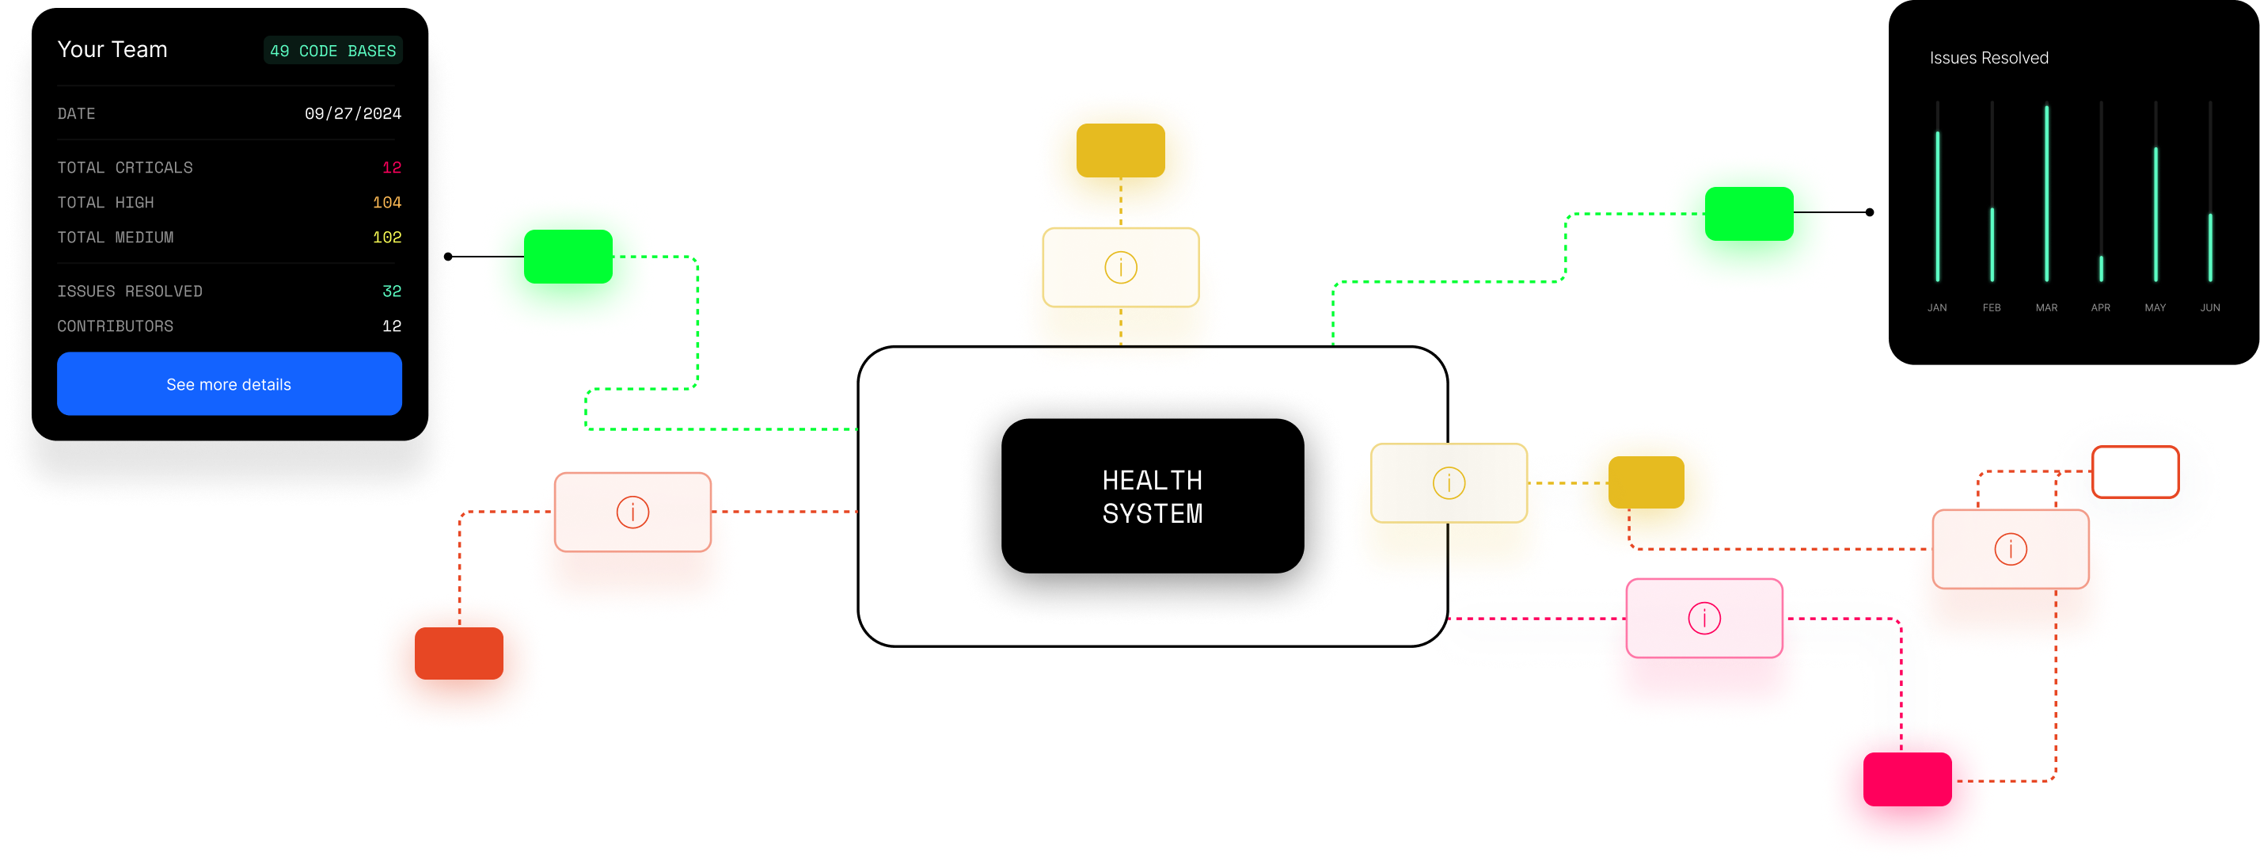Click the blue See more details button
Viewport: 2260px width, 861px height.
[x=229, y=383]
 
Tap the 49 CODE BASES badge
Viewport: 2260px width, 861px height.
[x=332, y=51]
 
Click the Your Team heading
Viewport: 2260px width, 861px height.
[x=112, y=50]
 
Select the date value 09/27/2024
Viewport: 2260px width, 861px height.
[x=353, y=113]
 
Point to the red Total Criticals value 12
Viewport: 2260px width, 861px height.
[x=391, y=168]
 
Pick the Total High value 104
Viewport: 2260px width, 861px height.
[x=387, y=203]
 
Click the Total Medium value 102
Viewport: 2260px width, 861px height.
[x=387, y=238]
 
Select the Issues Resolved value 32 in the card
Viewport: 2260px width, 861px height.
[x=391, y=291]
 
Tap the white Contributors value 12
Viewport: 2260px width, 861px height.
[x=391, y=326]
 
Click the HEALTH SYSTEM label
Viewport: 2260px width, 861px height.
[x=1152, y=497]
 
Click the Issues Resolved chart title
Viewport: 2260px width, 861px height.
[x=1988, y=58]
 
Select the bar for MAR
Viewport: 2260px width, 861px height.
[x=2046, y=193]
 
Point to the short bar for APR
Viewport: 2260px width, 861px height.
[x=2100, y=268]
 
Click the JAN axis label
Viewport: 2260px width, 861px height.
[x=1936, y=308]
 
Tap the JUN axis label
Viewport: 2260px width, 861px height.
[x=2209, y=308]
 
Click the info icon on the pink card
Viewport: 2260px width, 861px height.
[x=1704, y=618]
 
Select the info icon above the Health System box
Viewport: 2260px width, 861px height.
[x=1120, y=267]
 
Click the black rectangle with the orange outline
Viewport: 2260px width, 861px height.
[x=2135, y=472]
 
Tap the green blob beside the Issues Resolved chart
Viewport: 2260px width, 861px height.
[x=1748, y=222]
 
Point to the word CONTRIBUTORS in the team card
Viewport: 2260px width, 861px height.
[x=115, y=326]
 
